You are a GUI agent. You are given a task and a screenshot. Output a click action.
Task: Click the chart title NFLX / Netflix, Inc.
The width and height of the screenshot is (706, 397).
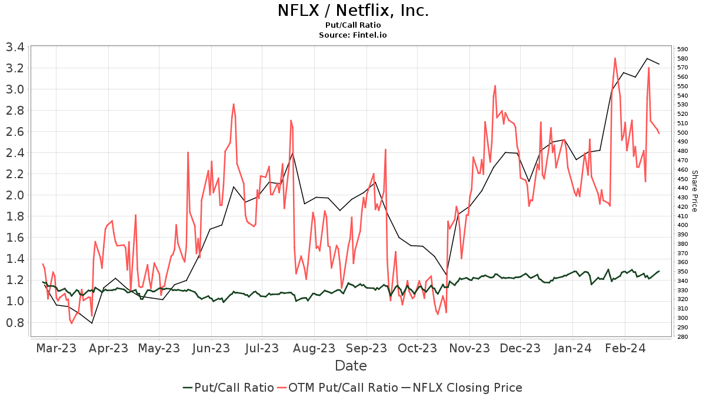(353, 11)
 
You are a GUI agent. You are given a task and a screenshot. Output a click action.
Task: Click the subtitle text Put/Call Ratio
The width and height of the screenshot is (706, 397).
(353, 25)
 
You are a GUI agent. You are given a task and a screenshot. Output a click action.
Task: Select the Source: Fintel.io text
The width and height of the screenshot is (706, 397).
(353, 35)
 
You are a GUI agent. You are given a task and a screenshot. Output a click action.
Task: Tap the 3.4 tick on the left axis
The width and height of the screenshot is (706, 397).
(15, 47)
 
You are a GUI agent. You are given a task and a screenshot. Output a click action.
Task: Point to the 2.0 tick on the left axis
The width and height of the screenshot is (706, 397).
(15, 195)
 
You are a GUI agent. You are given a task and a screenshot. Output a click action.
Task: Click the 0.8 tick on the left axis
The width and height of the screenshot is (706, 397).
(15, 322)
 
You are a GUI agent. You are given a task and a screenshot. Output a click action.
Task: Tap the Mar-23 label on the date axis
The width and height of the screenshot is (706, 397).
(56, 348)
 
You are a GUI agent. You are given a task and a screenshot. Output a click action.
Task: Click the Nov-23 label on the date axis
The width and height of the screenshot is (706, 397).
(469, 348)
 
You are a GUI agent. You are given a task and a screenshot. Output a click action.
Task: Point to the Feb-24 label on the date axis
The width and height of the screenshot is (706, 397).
(624, 348)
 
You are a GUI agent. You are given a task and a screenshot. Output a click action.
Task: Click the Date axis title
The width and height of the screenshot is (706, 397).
(351, 366)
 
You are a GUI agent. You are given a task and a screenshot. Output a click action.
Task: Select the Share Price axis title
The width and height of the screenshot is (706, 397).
(694, 191)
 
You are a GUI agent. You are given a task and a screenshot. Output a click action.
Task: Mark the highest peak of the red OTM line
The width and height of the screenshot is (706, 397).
(615, 58)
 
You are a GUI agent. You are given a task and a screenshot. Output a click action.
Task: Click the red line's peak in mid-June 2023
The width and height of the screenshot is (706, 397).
(234, 104)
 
